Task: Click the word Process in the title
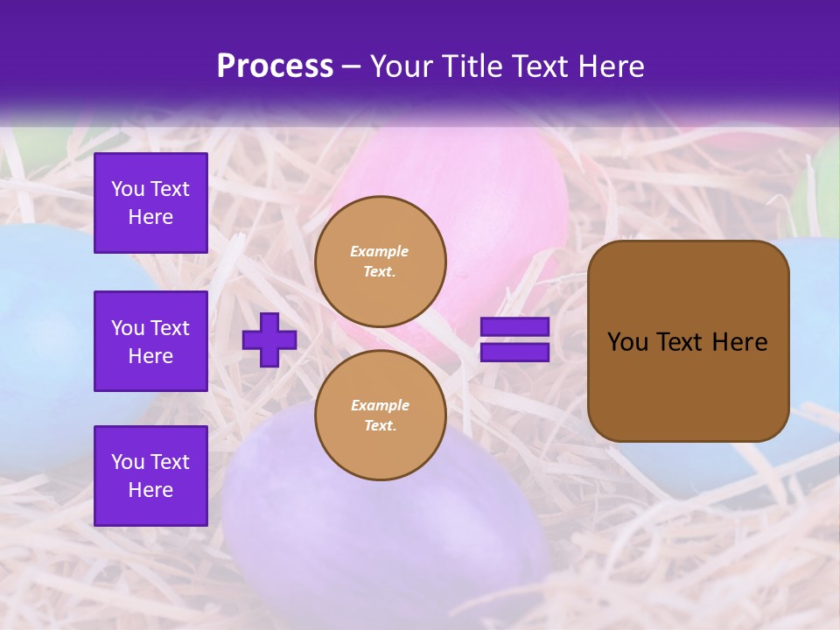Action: pyautogui.click(x=275, y=66)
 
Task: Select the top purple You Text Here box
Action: pyautogui.click(x=150, y=203)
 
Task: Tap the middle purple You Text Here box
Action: pyautogui.click(x=150, y=341)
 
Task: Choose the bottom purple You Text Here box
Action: pyautogui.click(x=150, y=476)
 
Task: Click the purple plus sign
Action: pyautogui.click(x=269, y=339)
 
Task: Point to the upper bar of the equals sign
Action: pyautogui.click(x=515, y=327)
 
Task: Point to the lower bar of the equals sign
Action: pyautogui.click(x=515, y=353)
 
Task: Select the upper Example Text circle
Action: pyautogui.click(x=381, y=262)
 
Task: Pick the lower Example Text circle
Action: pyautogui.click(x=381, y=416)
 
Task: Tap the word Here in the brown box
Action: pyautogui.click(x=739, y=342)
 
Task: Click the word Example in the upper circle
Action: pyautogui.click(x=380, y=251)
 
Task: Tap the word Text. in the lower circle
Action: pyautogui.click(x=380, y=425)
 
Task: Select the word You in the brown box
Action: pyautogui.click(x=626, y=342)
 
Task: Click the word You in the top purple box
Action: pyautogui.click(x=128, y=189)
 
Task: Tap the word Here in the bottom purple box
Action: pyautogui.click(x=150, y=490)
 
